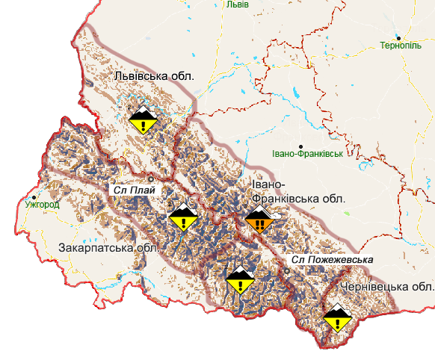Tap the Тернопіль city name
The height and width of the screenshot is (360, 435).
click(401, 46)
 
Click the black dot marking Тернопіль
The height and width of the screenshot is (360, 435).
click(399, 37)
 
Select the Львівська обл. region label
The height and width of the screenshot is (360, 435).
click(154, 76)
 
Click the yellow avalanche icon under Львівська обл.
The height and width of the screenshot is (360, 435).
click(142, 119)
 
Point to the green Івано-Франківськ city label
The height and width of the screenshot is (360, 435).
click(307, 154)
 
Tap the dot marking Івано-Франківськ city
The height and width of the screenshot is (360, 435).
click(301, 146)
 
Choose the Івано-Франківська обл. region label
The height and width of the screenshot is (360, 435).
click(297, 192)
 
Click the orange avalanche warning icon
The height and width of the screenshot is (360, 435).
click(259, 221)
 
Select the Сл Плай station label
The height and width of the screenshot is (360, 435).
click(135, 190)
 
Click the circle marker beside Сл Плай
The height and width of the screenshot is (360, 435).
click(151, 179)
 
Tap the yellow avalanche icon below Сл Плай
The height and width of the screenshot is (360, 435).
click(182, 217)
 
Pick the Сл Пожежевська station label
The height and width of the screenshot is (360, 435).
click(332, 260)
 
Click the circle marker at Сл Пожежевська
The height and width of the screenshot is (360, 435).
click(286, 270)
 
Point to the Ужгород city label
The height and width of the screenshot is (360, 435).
click(41, 203)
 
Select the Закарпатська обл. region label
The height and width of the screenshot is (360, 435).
click(108, 248)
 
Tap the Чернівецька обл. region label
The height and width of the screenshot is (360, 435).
click(386, 287)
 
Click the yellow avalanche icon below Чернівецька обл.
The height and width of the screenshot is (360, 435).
click(338, 317)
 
